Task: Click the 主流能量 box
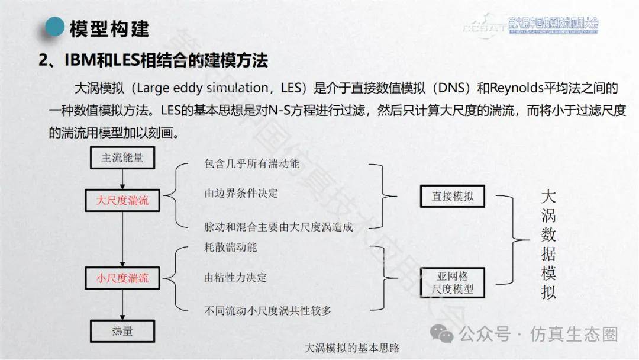(x=122, y=158)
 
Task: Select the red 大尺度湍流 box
(x=122, y=201)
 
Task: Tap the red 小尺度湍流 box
(x=122, y=278)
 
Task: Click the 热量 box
(x=122, y=330)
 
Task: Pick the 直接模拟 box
(x=453, y=196)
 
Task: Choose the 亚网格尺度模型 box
(x=453, y=282)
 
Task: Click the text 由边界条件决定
(x=232, y=193)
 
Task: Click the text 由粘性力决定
(x=227, y=277)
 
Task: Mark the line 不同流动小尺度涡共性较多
(x=267, y=310)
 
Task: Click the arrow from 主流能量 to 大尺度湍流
(x=122, y=178)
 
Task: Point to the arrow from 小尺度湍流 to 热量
(x=122, y=304)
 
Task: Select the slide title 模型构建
(x=109, y=28)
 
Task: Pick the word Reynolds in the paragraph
(x=512, y=88)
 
